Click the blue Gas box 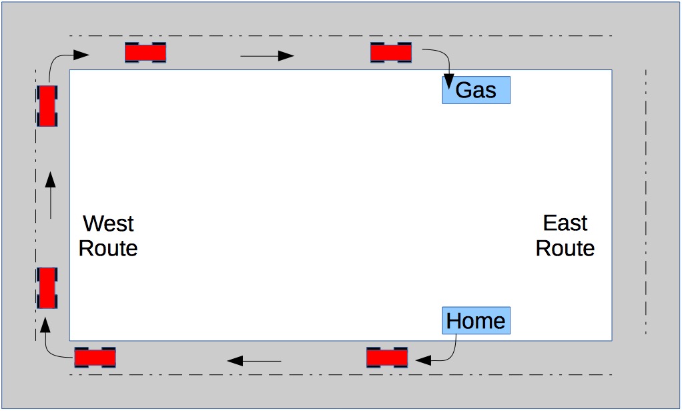pyautogui.click(x=476, y=89)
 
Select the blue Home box pyautogui.click(x=476, y=321)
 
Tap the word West pyautogui.click(x=108, y=223)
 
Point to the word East pyautogui.click(x=565, y=223)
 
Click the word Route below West pyautogui.click(x=108, y=248)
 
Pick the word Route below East pyautogui.click(x=565, y=248)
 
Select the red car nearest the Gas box pyautogui.click(x=391, y=52)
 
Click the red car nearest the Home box pyautogui.click(x=387, y=358)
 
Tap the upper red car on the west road pyautogui.click(x=47, y=105)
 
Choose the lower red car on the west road pyautogui.click(x=47, y=288)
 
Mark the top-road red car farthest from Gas pyautogui.click(x=145, y=52)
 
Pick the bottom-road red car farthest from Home pyautogui.click(x=95, y=358)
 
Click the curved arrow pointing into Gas pyautogui.click(x=442, y=63)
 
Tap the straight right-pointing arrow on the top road pyautogui.click(x=267, y=56)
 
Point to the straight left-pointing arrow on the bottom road pyautogui.click(x=254, y=362)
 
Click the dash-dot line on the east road pyautogui.click(x=646, y=200)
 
